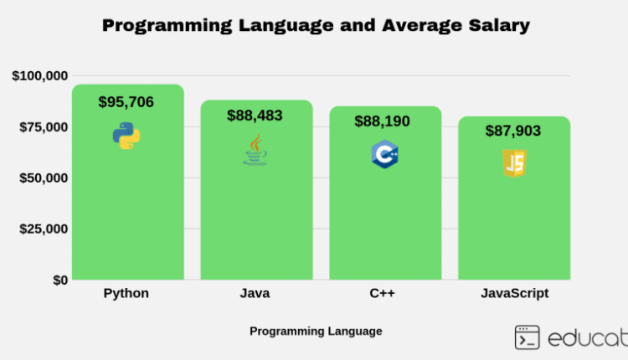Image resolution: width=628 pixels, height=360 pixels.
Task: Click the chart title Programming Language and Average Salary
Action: [x=316, y=26]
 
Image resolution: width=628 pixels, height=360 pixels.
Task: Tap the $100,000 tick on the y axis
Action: [x=40, y=76]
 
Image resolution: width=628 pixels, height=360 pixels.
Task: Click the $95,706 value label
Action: [x=126, y=102]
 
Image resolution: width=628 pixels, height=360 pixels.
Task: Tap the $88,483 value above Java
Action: [x=255, y=116]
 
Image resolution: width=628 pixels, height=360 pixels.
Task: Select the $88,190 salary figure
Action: [x=383, y=121]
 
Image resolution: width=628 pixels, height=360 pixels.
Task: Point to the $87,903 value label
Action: [x=513, y=131]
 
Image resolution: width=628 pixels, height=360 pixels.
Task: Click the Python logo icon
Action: [x=126, y=135]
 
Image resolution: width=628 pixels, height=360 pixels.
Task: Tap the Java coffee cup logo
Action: [x=255, y=151]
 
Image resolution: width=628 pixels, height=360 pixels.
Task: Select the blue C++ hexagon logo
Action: [x=384, y=155]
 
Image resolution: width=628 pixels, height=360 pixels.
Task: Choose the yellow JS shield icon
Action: [x=513, y=162]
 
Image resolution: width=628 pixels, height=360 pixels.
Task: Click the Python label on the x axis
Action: [x=126, y=294]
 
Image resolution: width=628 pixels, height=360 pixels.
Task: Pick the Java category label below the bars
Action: [x=255, y=294]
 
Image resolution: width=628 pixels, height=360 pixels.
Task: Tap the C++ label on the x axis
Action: [x=383, y=294]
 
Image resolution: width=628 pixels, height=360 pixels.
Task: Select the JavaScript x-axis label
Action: [x=514, y=294]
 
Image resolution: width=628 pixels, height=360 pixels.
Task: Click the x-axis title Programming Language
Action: [x=316, y=331]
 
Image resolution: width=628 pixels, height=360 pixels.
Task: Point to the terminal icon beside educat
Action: [x=528, y=337]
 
